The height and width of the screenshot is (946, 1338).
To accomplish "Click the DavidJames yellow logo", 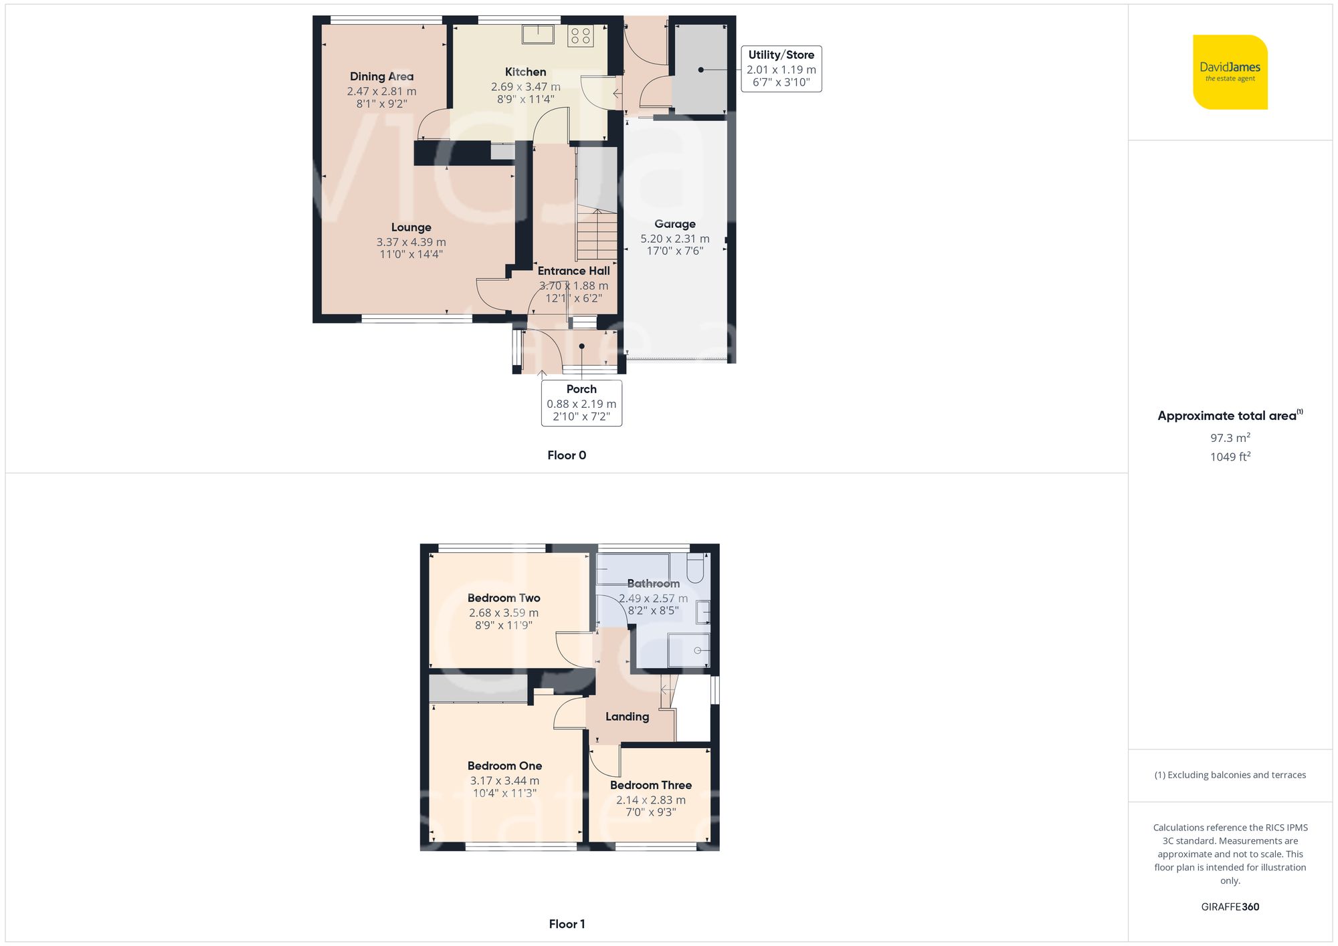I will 1230,72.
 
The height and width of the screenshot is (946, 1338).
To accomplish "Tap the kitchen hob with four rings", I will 581,35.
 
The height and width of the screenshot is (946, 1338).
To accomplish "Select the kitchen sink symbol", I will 538,34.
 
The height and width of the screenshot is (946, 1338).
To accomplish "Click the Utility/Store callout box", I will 781,69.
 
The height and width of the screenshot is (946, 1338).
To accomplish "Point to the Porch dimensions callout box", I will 581,403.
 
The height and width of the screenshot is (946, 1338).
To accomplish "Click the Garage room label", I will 674,224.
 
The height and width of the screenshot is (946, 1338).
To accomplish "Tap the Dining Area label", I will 381,76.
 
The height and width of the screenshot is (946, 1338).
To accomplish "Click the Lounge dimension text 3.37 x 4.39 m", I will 411,242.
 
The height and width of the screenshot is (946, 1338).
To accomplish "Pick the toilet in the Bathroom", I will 695,568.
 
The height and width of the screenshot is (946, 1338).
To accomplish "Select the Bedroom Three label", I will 650,785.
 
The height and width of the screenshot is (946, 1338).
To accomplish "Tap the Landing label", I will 627,717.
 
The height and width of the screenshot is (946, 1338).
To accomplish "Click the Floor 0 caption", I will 566,455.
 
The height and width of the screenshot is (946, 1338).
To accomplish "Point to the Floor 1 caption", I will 566,924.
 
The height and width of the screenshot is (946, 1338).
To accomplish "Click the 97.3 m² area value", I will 1230,438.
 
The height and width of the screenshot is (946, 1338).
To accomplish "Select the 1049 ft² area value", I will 1230,457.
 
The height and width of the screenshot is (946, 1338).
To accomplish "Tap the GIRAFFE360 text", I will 1230,907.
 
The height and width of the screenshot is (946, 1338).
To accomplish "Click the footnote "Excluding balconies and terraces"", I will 1230,775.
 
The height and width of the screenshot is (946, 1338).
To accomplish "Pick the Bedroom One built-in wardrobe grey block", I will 478,689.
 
